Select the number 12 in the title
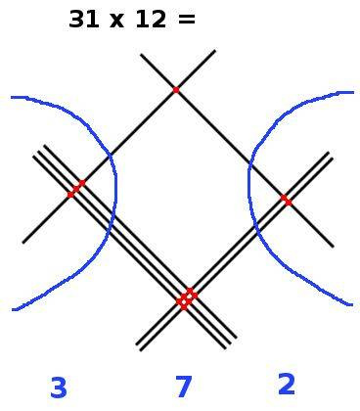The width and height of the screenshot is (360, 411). [149, 19]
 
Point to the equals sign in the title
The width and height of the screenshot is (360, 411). [186, 20]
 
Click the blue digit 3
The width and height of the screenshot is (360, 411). [58, 388]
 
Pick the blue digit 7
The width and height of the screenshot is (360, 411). [183, 388]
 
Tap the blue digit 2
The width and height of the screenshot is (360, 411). [286, 385]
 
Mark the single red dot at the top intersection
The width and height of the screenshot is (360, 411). [176, 90]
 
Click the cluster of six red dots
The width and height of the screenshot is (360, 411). [186, 297]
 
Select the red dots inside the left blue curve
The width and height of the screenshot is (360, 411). [75, 188]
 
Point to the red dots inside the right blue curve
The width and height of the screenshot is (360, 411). [286, 200]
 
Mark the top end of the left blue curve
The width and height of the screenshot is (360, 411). [13, 97]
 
